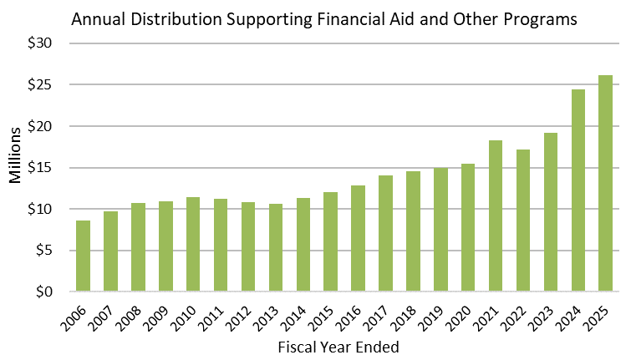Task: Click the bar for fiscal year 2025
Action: click(605, 184)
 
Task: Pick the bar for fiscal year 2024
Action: click(578, 191)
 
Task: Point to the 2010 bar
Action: click(193, 245)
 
